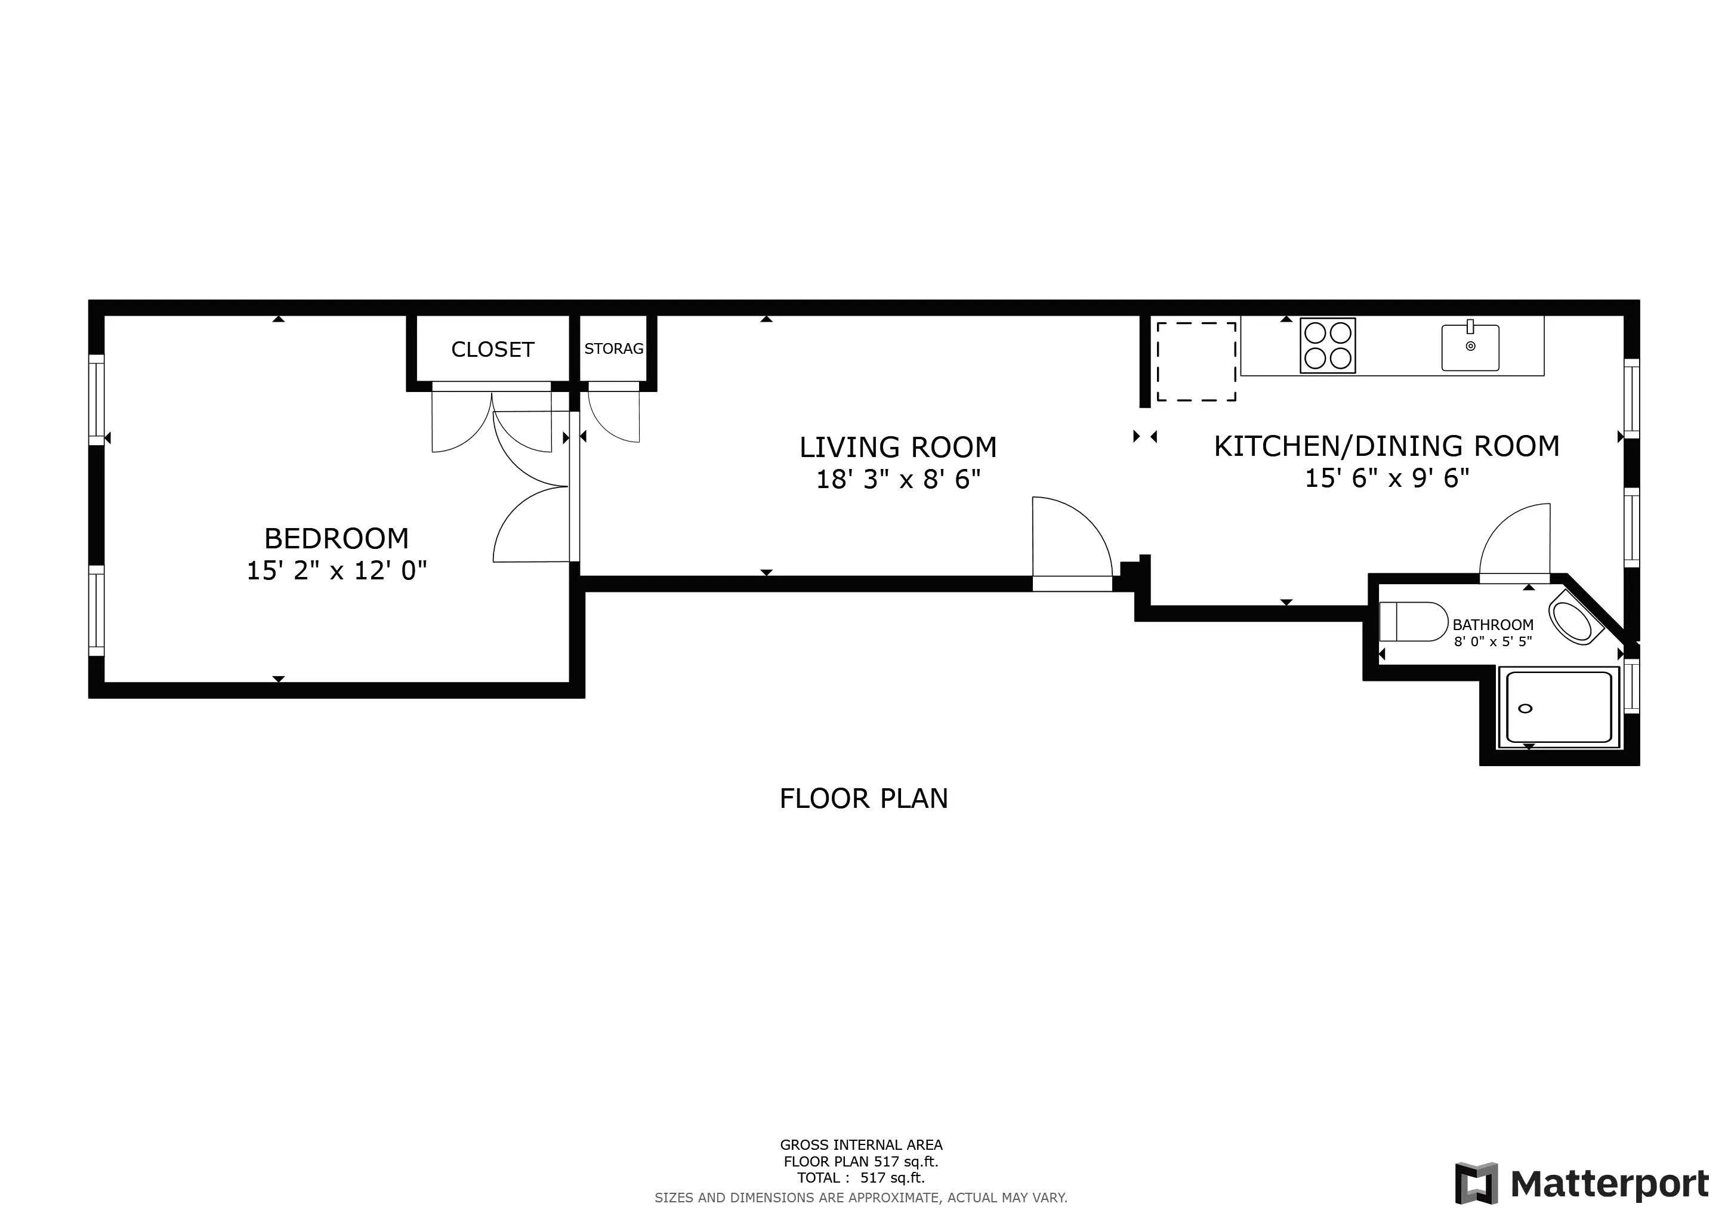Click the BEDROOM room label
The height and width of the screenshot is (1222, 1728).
[x=337, y=539]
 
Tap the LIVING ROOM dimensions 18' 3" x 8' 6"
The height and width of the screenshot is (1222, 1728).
[x=898, y=479]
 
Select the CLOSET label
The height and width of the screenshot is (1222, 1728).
[x=492, y=349]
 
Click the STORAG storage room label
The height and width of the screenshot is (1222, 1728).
[x=613, y=348]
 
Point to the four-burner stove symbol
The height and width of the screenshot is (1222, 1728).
[x=1328, y=345]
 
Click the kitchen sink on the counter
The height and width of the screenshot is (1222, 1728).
[x=1470, y=348]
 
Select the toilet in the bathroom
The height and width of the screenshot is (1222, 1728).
[x=1413, y=622]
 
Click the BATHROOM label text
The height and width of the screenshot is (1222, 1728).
[x=1492, y=625]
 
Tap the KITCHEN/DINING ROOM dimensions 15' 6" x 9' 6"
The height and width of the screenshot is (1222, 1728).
[x=1386, y=479]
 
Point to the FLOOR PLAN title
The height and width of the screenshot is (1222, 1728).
[x=863, y=798]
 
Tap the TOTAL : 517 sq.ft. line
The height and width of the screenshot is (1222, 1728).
[x=861, y=1178]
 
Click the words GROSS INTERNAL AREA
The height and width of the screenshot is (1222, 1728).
[x=861, y=1144]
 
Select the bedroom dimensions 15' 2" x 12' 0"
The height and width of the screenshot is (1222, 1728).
[x=337, y=571]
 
